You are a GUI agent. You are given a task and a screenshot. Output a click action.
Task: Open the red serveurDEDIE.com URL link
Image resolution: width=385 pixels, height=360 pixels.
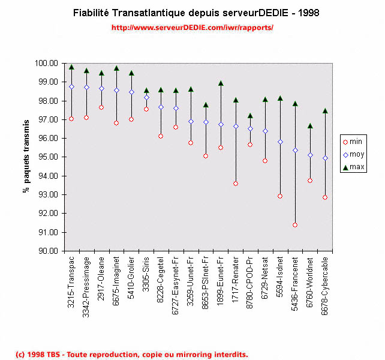click(x=192, y=28)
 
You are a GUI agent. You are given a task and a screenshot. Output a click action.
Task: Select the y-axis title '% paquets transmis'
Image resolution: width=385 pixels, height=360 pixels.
click(x=26, y=157)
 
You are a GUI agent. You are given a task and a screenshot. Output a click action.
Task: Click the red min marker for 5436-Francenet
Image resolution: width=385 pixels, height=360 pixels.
click(x=295, y=225)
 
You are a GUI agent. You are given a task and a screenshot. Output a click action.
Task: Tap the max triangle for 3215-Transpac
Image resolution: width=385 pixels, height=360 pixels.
click(x=71, y=67)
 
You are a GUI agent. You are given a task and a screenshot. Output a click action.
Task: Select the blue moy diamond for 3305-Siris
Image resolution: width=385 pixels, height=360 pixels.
click(x=146, y=97)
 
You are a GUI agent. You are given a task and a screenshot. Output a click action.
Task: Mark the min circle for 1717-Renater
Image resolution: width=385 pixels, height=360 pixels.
click(x=236, y=184)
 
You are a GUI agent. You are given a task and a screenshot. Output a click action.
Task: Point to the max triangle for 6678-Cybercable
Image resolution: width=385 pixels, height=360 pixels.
click(x=325, y=111)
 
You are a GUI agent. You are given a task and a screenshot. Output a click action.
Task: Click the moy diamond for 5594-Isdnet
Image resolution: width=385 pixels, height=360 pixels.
click(x=280, y=142)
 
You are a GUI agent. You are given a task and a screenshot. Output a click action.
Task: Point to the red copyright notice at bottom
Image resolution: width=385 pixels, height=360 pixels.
click(x=131, y=355)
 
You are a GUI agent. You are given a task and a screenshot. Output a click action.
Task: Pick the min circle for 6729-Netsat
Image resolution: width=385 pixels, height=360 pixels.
click(x=265, y=161)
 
